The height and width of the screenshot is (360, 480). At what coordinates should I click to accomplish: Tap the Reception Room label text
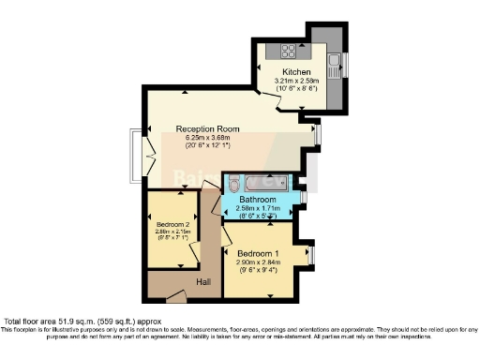click(x=207, y=128)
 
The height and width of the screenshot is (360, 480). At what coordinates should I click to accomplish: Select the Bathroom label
click(x=257, y=200)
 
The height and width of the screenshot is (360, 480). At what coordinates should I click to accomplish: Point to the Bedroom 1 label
click(x=257, y=254)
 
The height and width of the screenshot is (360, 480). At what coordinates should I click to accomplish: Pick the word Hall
click(x=203, y=282)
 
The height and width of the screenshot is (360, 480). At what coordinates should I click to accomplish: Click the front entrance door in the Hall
click(x=168, y=297)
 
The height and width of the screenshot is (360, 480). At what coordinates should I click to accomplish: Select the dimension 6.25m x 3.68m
click(x=207, y=138)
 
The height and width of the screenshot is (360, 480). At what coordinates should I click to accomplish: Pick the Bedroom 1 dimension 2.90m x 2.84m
click(x=257, y=263)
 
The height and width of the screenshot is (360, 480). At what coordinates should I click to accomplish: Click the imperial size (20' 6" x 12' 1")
click(x=207, y=146)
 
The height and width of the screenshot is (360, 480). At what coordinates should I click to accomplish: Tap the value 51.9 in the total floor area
click(x=65, y=322)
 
